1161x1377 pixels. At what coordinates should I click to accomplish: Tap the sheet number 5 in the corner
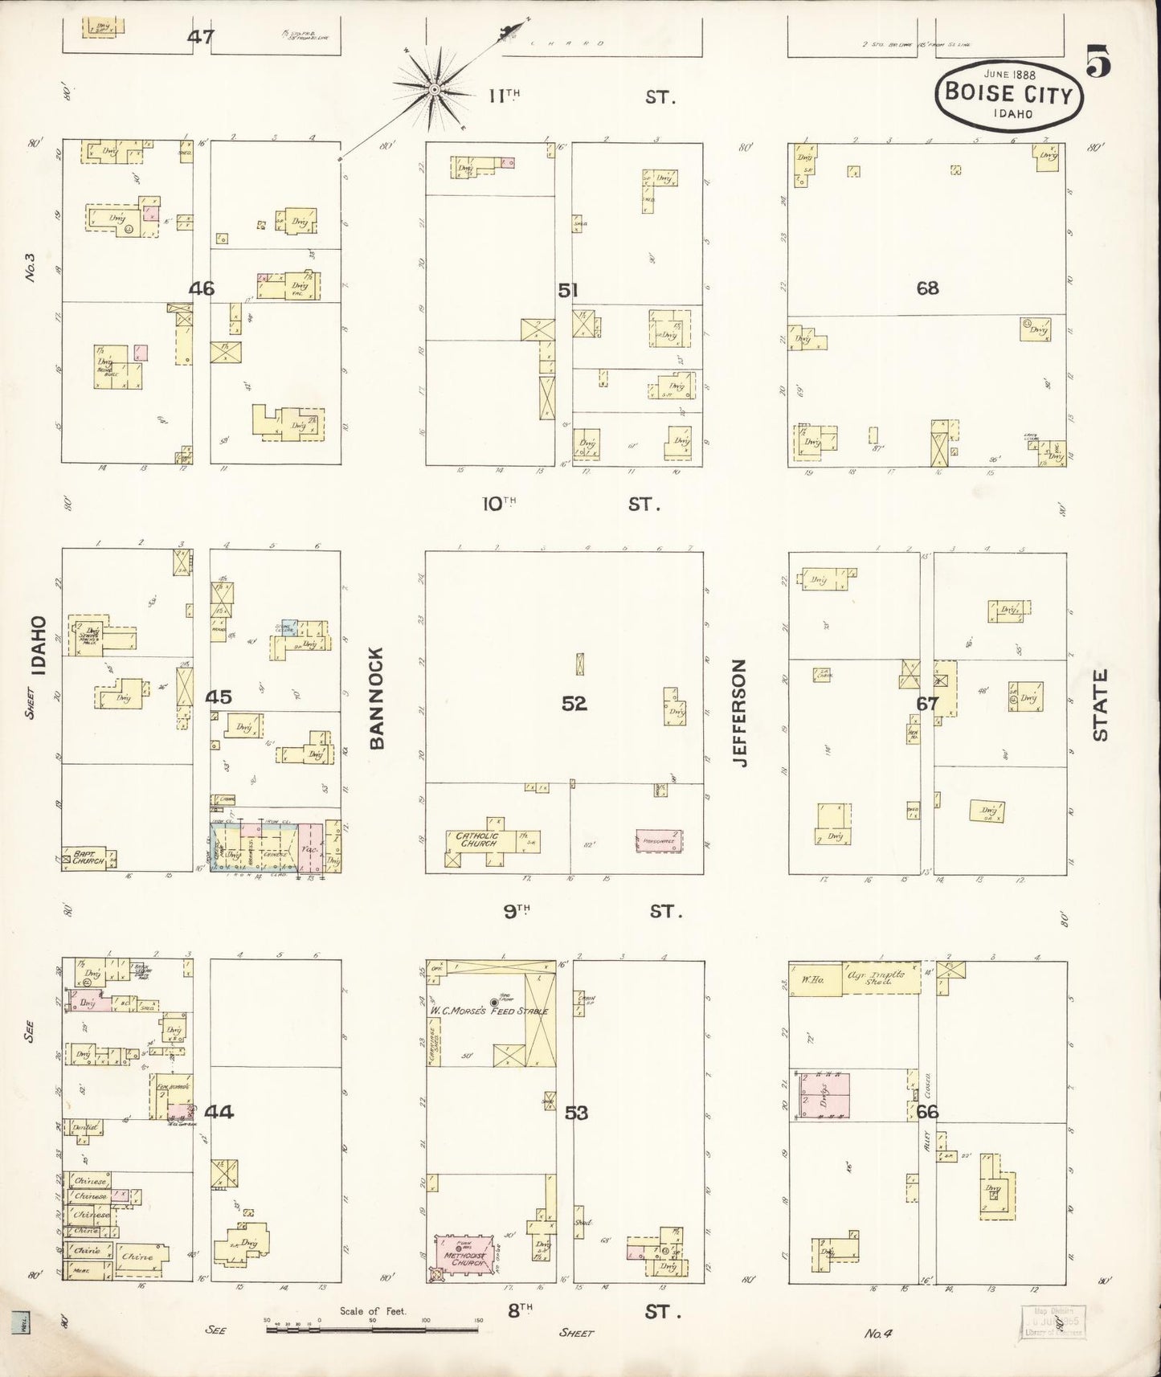coord(1099,63)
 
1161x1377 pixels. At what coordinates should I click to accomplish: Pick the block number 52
coord(574,704)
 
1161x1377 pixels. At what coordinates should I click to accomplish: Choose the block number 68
coord(927,288)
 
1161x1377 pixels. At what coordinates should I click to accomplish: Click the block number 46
coord(201,288)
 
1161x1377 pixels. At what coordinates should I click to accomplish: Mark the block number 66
coord(927,1113)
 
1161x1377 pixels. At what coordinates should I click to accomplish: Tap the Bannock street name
coord(378,698)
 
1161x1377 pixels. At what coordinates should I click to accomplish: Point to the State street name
coord(1099,705)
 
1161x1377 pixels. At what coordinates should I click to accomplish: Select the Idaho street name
coord(37,644)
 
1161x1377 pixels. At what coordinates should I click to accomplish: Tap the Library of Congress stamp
coord(1052,1321)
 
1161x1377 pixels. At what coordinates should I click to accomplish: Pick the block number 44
coord(219,1113)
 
